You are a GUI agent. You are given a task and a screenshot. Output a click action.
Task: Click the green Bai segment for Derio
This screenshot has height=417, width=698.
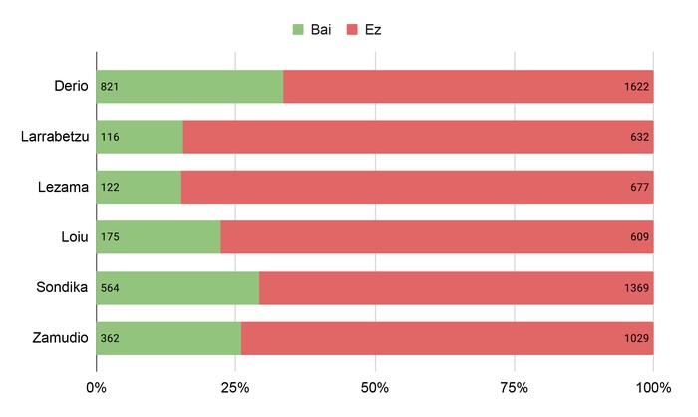tap(189, 87)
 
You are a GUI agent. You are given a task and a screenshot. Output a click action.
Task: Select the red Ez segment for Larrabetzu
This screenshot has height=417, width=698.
tap(419, 137)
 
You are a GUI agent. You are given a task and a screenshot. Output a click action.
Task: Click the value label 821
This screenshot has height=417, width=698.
tap(110, 87)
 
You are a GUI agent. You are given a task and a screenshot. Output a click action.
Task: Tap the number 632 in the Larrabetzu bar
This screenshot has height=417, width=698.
tap(640, 137)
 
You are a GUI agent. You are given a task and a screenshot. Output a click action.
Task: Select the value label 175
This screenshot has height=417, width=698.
tap(110, 237)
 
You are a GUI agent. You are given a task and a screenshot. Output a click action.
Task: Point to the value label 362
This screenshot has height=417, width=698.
tap(110, 338)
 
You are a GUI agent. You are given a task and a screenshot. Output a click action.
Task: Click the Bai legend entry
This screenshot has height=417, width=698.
tap(311, 30)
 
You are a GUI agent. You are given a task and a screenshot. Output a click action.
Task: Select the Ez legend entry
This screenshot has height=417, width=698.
tap(363, 30)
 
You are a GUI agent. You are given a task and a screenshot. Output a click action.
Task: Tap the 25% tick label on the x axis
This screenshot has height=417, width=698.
tap(235, 387)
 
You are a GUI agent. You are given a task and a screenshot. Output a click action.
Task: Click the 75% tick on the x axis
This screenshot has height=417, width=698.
tap(514, 387)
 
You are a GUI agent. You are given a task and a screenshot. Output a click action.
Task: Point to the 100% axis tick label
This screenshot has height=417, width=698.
tap(653, 387)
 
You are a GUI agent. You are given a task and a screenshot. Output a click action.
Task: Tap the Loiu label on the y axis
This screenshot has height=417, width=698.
tap(73, 237)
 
